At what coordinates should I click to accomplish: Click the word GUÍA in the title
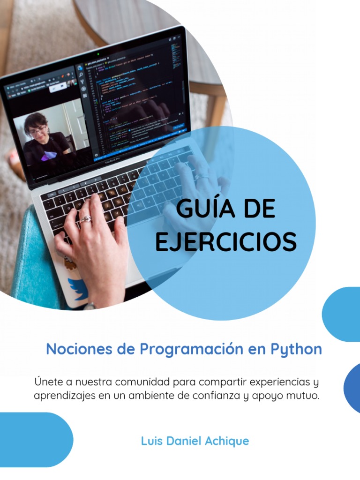(201, 209)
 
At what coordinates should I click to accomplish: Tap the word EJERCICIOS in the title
(225, 241)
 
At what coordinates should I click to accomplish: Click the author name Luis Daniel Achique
(195, 441)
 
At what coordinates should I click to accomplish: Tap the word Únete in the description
(48, 382)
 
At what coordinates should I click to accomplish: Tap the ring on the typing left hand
(86, 219)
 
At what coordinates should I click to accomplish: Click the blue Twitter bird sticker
(77, 288)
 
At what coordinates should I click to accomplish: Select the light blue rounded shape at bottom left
(33, 439)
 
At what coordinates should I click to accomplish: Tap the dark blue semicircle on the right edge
(352, 388)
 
